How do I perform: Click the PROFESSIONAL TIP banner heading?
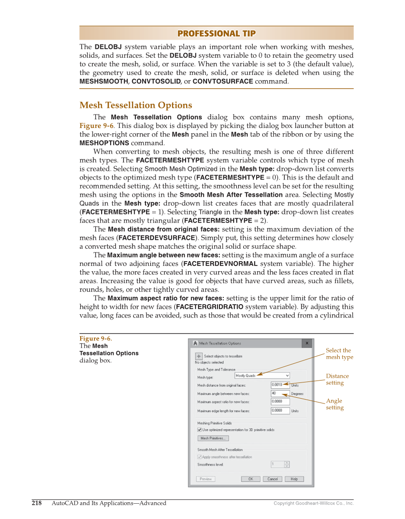click(x=216, y=33)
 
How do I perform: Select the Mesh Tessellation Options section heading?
click(x=135, y=105)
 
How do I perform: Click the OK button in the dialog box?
click(x=250, y=479)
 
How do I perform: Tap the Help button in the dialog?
click(x=294, y=479)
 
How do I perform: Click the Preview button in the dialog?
click(x=206, y=479)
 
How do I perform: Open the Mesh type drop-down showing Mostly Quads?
click(x=262, y=376)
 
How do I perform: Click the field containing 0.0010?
click(x=280, y=385)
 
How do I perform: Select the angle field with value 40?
click(x=280, y=393)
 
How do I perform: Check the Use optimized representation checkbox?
click(x=199, y=430)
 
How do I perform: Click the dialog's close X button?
click(x=307, y=343)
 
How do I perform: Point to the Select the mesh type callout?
click(x=339, y=354)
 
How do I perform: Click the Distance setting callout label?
click(x=337, y=380)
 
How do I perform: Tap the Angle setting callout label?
click(x=334, y=404)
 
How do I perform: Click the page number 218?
click(x=37, y=503)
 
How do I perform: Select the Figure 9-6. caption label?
click(x=95, y=339)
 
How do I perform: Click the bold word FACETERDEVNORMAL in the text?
click(x=220, y=264)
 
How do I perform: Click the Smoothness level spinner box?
click(x=280, y=464)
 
